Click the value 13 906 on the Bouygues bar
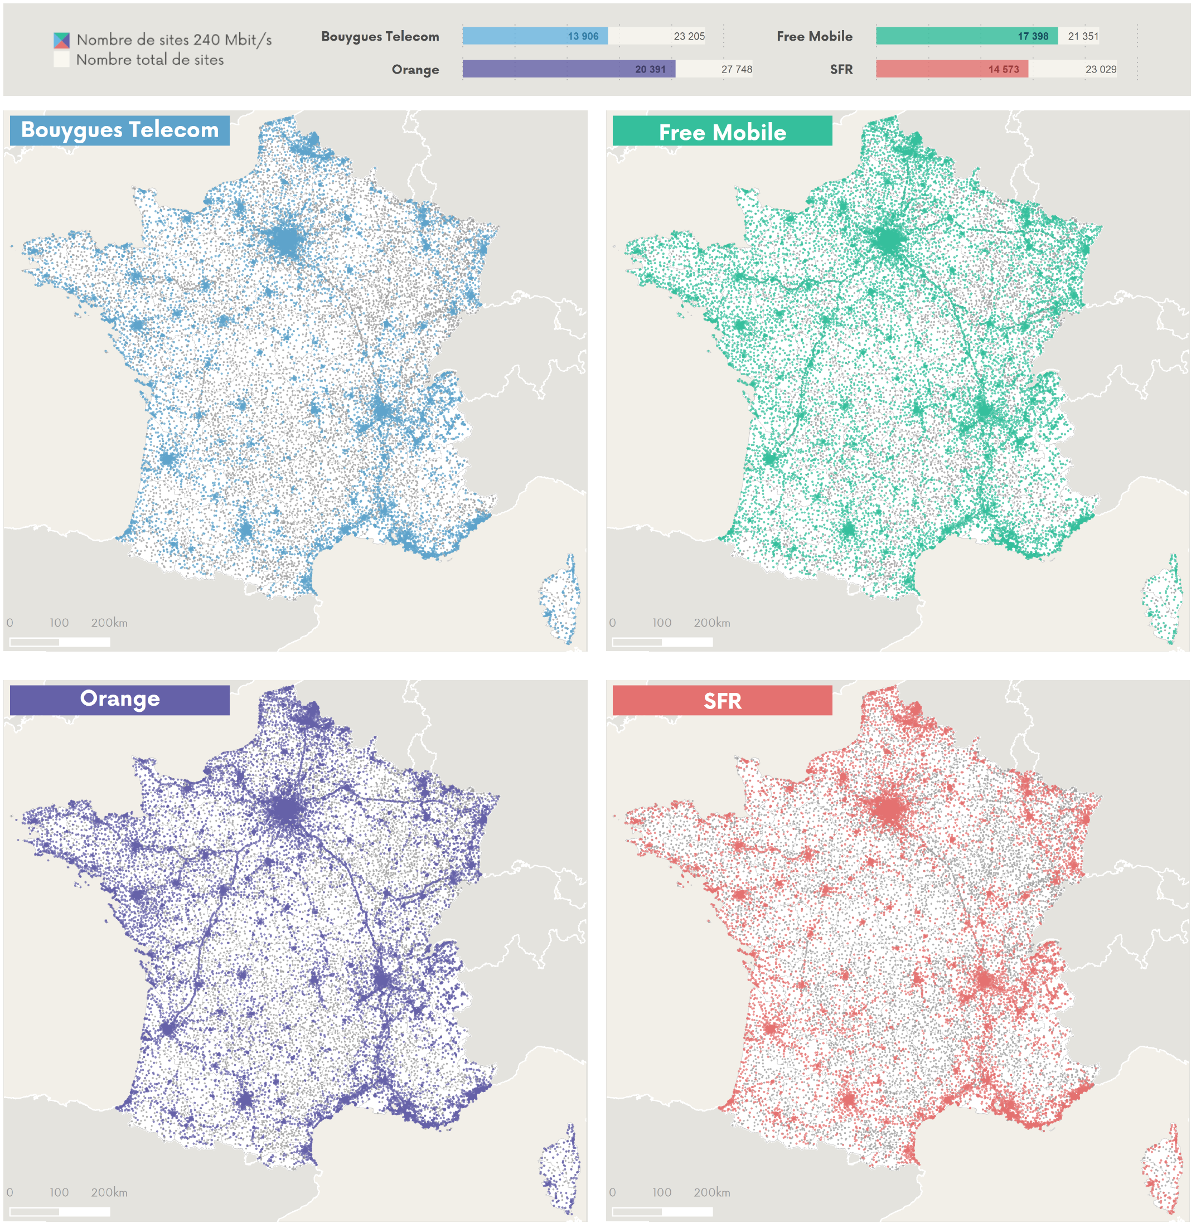[582, 36]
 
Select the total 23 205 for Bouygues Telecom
[689, 36]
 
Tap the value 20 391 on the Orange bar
[650, 69]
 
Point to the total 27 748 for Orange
[736, 69]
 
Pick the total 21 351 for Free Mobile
[1082, 36]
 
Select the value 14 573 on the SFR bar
[1003, 69]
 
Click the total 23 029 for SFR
[1100, 69]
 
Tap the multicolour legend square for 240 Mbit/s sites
[61, 40]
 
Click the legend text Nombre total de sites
[149, 60]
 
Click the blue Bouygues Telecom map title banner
[119, 130]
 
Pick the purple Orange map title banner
[119, 699]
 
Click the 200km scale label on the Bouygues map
[109, 623]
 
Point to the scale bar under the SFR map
[661, 1211]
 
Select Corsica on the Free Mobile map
[1162, 600]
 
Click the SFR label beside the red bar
[840, 69]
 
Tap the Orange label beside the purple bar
[415, 69]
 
